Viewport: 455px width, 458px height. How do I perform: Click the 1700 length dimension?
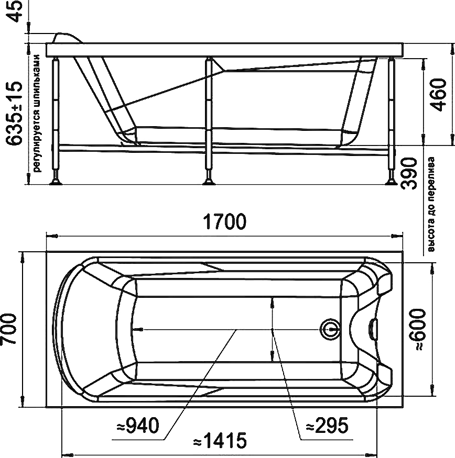point(224,222)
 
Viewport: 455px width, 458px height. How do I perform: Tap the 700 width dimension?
point(8,329)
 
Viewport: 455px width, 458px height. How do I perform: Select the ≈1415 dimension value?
point(220,441)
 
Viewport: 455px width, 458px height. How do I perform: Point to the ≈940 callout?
point(138,425)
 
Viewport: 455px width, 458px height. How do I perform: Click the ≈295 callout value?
point(328,425)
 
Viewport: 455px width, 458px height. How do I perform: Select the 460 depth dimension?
point(439,95)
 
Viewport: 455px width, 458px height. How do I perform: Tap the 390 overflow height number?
point(409,173)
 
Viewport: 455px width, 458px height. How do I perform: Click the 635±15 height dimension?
point(14,114)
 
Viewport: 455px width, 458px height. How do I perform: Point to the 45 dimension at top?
point(14,11)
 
